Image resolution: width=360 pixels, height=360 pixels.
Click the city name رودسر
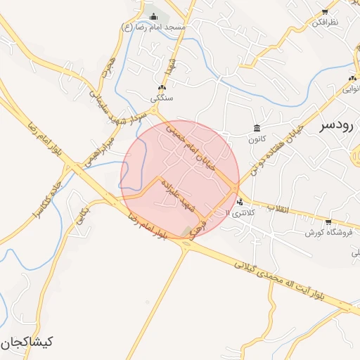point(337,126)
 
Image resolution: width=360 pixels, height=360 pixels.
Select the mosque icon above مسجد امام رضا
point(154,16)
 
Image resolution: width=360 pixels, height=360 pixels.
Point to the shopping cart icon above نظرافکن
point(325,12)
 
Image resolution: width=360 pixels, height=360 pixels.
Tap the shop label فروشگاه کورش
point(328,232)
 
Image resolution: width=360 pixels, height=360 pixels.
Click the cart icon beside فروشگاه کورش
point(328,221)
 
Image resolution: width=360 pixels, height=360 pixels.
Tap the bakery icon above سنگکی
point(162,86)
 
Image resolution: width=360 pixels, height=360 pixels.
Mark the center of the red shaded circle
point(180,180)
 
